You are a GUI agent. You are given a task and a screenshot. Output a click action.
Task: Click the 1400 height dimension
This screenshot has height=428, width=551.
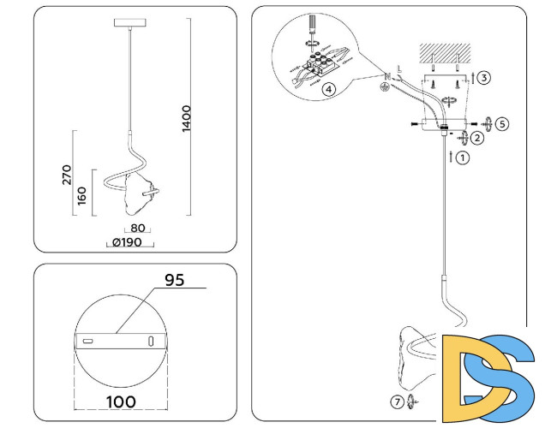click(x=187, y=119)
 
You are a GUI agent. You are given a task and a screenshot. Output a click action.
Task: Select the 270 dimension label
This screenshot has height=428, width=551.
click(x=66, y=175)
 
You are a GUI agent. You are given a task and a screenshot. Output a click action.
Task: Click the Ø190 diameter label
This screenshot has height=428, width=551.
click(x=132, y=243)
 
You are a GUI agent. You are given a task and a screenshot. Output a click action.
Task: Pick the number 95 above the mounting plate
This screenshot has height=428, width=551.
click(x=175, y=280)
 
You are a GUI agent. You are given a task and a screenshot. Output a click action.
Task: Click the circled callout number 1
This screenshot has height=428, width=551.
click(x=464, y=158)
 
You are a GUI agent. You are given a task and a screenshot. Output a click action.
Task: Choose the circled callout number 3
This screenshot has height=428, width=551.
click(x=484, y=78)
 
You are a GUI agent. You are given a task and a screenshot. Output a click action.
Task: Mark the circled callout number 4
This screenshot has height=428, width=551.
click(x=328, y=88)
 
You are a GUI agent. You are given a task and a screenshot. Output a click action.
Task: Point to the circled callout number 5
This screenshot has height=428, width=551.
click(x=502, y=123)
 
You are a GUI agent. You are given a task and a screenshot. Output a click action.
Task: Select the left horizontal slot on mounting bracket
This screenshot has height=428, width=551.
click(x=87, y=341)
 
